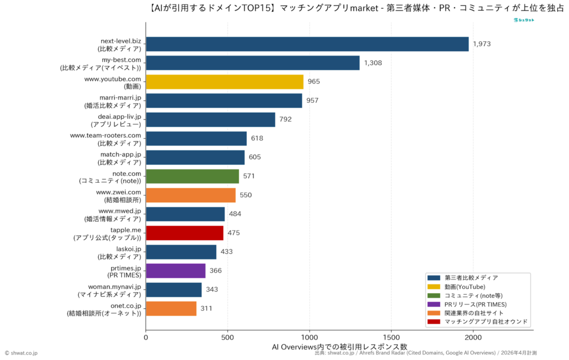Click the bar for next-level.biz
307,44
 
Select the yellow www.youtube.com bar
224,82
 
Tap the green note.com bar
192,176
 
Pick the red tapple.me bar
184,233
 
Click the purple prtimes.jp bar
176,271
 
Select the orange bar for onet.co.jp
171,308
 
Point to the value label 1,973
482,44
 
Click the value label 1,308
373,63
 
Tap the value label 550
246,195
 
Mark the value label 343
212,289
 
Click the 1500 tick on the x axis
391,337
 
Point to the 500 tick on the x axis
228,337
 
